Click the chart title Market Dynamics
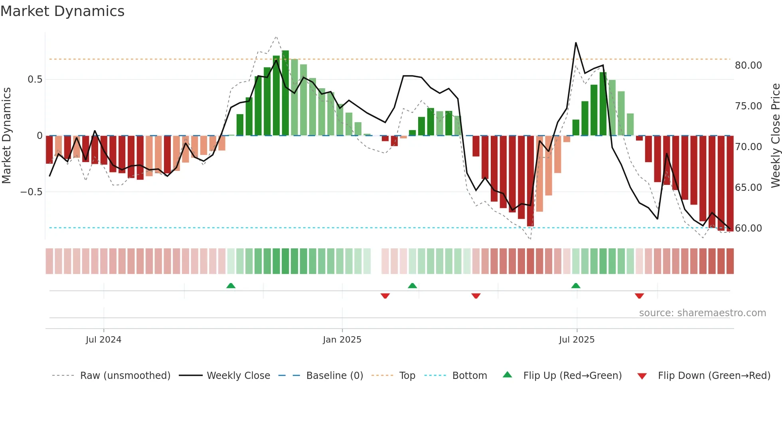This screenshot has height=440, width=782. pyautogui.click(x=62, y=11)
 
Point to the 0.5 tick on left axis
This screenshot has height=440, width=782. pyautogui.click(x=35, y=79)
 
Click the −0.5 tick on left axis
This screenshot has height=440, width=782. pyautogui.click(x=31, y=192)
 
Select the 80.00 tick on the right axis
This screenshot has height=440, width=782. pyautogui.click(x=748, y=65)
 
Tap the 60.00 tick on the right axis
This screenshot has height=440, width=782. pyautogui.click(x=748, y=228)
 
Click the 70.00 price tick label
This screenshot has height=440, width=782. pyautogui.click(x=748, y=147)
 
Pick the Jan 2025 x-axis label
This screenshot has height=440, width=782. pyautogui.click(x=342, y=340)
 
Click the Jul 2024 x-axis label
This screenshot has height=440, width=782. pyautogui.click(x=103, y=340)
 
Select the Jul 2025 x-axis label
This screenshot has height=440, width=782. pyautogui.click(x=577, y=340)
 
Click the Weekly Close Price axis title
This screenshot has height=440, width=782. pyautogui.click(x=775, y=136)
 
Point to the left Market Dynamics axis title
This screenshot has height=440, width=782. pyautogui.click(x=6, y=136)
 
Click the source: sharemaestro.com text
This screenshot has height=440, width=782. pyautogui.click(x=702, y=313)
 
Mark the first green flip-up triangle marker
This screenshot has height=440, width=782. pyautogui.click(x=231, y=285)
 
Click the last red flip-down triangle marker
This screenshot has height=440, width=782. pyautogui.click(x=639, y=296)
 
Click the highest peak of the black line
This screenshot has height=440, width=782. pyautogui.click(x=576, y=43)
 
